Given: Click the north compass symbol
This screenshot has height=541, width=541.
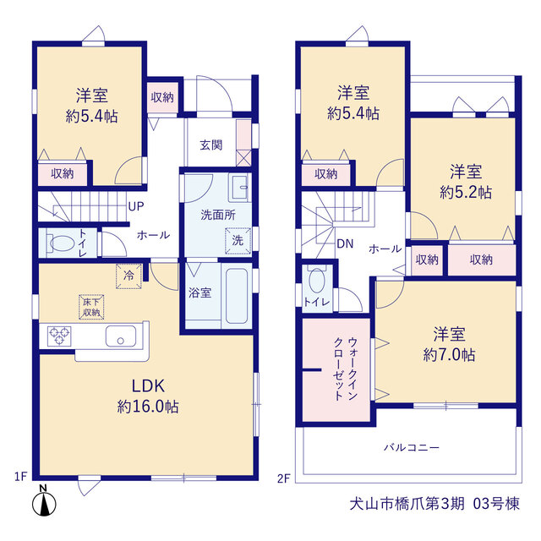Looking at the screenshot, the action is (44, 503).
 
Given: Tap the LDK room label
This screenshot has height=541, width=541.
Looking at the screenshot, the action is (148, 385).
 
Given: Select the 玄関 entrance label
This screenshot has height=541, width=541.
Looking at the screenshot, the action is (211, 145).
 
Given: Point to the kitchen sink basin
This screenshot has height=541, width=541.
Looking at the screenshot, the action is (120, 336).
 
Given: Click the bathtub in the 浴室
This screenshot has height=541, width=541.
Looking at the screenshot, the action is (237, 296).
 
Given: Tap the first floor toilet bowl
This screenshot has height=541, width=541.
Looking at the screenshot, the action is (62, 243).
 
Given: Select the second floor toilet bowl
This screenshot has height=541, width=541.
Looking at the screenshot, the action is (317, 280).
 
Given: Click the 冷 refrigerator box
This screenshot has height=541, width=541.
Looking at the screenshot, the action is (128, 276).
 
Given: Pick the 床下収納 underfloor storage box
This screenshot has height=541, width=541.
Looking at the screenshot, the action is (91, 307).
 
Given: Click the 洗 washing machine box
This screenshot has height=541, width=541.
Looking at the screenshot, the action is (238, 240).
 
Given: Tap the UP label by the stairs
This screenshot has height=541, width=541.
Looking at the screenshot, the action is (136, 206).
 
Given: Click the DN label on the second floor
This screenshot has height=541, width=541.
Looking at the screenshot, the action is (345, 243).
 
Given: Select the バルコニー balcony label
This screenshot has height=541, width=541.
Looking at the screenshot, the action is (412, 447).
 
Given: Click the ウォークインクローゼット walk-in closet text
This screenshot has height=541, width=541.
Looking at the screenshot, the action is (346, 369).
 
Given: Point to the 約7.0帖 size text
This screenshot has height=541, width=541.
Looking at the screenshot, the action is (449, 354).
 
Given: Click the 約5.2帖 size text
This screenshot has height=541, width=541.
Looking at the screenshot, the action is (466, 192).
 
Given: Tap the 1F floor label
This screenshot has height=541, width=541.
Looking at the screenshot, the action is (20, 477).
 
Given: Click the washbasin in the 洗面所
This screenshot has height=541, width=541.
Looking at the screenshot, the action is (239, 187).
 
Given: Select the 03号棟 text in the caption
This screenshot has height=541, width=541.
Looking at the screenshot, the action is (496, 504).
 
